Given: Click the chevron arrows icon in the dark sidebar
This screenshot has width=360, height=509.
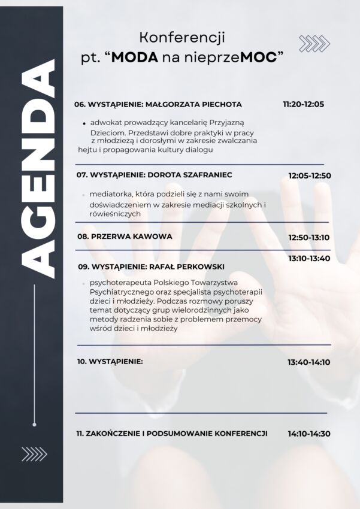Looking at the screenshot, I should coord(34,455).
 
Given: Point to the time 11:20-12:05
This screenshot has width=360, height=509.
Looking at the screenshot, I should coord(303,104).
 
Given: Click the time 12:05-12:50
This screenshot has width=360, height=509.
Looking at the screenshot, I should coord(310,176).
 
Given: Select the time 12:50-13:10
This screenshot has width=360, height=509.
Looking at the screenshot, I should coord(309,237).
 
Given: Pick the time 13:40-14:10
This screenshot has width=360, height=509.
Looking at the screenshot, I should coord(308,362).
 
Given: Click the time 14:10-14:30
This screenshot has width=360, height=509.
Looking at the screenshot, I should coord(309,434).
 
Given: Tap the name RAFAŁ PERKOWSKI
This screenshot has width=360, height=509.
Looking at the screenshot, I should coord(190,266).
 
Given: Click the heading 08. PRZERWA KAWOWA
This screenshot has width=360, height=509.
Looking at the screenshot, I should coord(125,237).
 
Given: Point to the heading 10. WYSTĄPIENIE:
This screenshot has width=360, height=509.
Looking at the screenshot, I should coord(110,362).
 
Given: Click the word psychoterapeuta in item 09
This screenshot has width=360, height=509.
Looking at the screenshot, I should coord(119,282).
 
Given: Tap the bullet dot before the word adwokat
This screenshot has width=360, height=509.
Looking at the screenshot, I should coord(84,123).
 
